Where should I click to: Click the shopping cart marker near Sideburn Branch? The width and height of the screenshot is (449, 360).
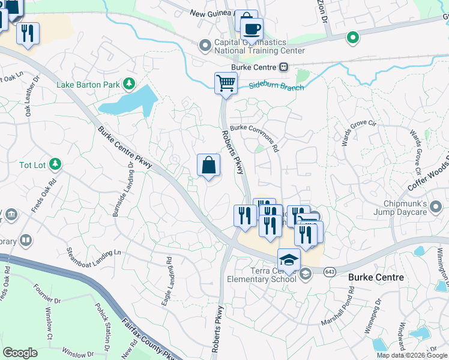pyautogui.click(x=226, y=83)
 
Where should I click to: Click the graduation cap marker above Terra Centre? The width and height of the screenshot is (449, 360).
pyautogui.click(x=289, y=260)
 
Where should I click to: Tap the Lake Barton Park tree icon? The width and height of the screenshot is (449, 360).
pyautogui.click(x=128, y=84)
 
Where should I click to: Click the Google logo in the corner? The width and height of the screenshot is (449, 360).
pyautogui.click(x=20, y=353)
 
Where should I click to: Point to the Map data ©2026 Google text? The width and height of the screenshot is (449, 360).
pyautogui.click(x=412, y=355)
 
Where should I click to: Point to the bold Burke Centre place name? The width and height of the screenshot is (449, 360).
pyautogui.click(x=376, y=278)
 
